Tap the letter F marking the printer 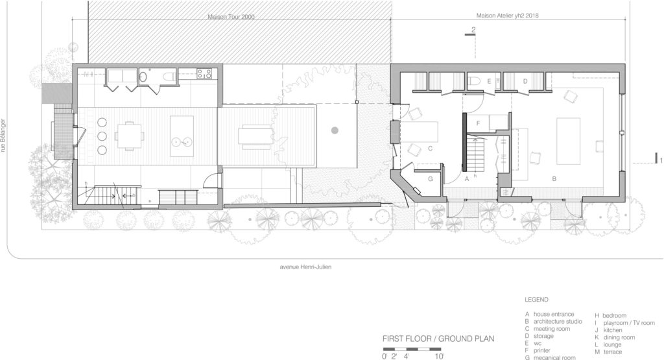(477, 122)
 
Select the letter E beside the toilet (498, 81)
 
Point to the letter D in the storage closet (526, 81)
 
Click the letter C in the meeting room (430, 149)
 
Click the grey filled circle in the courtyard (335, 130)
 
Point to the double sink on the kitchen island (181, 141)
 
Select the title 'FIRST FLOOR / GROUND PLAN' (438, 338)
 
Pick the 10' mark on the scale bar (440, 355)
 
